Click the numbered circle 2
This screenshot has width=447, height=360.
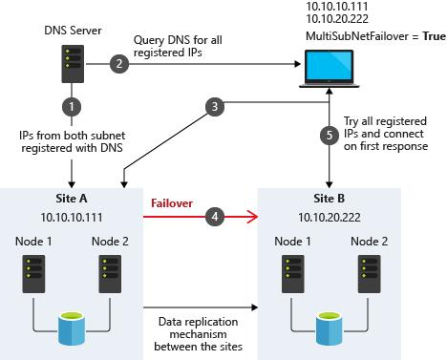click(x=119, y=64)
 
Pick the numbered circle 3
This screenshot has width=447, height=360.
click(x=217, y=104)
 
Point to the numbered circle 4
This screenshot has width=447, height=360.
click(x=217, y=217)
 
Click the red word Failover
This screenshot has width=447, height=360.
click(x=171, y=202)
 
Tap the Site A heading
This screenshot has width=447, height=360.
click(x=72, y=200)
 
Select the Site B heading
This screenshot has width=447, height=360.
click(x=330, y=200)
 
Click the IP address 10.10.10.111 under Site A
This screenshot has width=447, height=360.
click(x=72, y=218)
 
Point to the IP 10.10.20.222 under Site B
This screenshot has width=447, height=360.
click(x=330, y=218)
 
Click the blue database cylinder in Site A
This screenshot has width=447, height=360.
click(x=72, y=326)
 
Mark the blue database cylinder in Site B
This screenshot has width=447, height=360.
click(x=330, y=326)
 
